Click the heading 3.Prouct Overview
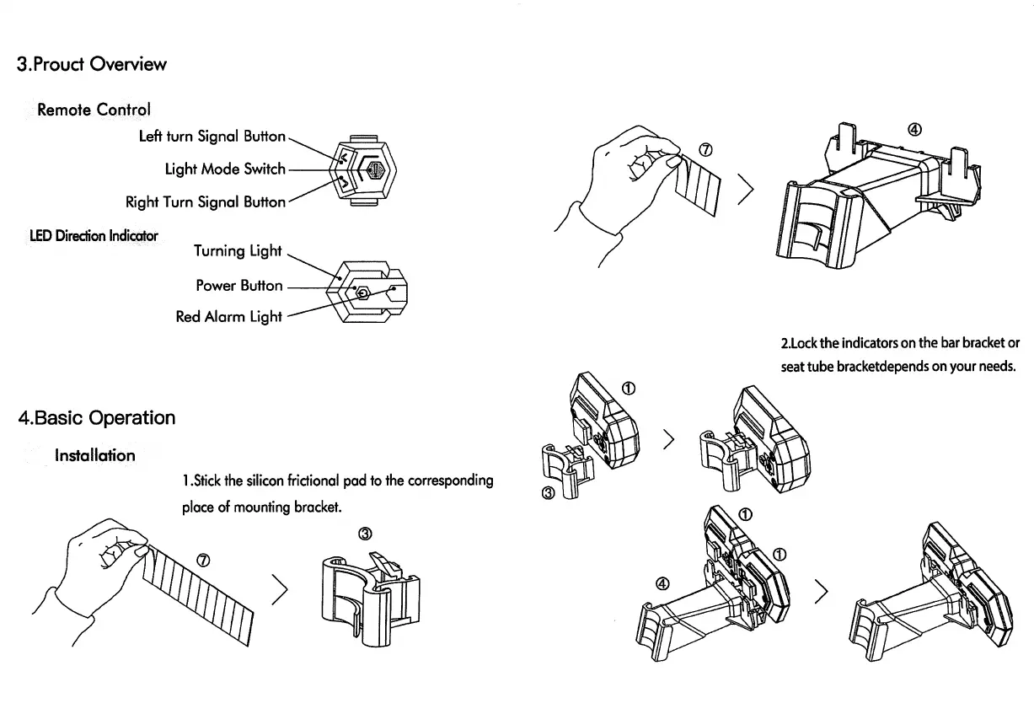(x=92, y=64)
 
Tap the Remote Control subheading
(x=94, y=110)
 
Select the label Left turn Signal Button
(x=212, y=136)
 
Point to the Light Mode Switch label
(x=225, y=169)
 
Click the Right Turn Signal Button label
(x=205, y=201)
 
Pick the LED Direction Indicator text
(x=94, y=235)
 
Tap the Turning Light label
(x=238, y=250)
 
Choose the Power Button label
(x=239, y=285)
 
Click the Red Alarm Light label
(x=228, y=317)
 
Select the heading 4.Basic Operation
(x=96, y=418)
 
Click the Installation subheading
(x=94, y=456)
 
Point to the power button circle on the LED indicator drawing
(x=363, y=293)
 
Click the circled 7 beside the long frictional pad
(x=203, y=560)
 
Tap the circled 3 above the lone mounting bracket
(x=365, y=533)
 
